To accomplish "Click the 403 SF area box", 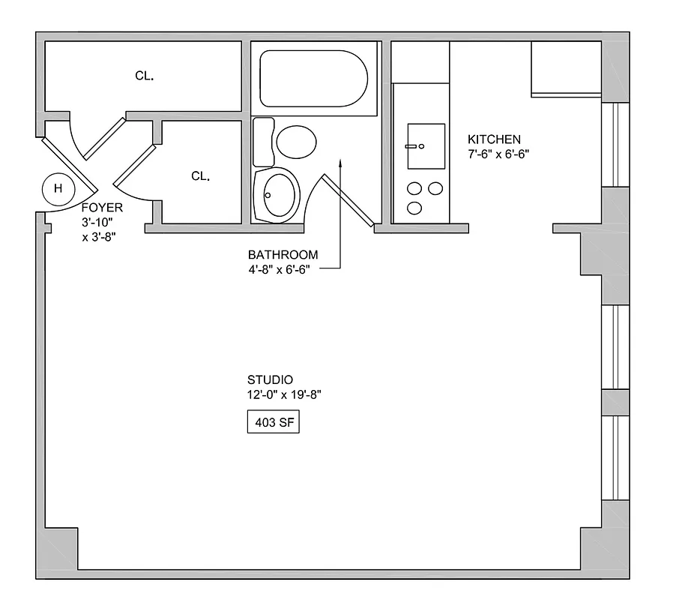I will point(273,423).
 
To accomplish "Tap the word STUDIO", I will point(270,379).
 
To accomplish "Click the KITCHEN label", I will point(494,139).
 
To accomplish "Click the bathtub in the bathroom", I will point(313,79).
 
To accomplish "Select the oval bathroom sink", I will point(275,193).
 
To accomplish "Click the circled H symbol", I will point(58,188).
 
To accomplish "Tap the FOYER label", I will point(101,208).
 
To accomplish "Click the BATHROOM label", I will point(283,255).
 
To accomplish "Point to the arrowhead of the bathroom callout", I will point(340,161).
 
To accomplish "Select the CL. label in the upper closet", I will point(145,75).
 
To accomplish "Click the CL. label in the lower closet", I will point(200,176).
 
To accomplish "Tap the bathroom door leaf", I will point(348,199).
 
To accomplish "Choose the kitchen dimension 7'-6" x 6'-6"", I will point(499,154).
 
